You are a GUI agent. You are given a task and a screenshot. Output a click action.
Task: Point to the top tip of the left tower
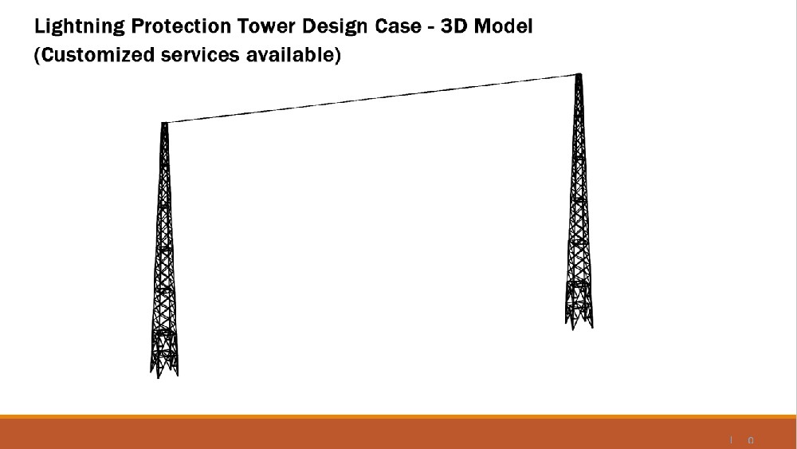(x=164, y=124)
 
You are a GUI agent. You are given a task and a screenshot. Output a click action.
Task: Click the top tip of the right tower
(x=579, y=76)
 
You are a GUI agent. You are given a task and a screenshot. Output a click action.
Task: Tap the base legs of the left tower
(x=164, y=363)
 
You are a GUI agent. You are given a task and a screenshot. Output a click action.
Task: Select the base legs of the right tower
(x=579, y=315)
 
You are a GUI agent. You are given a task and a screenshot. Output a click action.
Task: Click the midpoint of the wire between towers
(x=371, y=99)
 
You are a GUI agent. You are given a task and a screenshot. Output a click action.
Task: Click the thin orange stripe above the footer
(x=398, y=416)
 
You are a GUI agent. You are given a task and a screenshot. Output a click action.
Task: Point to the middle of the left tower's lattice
(x=164, y=247)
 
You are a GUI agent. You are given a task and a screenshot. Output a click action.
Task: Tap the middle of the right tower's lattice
(x=579, y=199)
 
